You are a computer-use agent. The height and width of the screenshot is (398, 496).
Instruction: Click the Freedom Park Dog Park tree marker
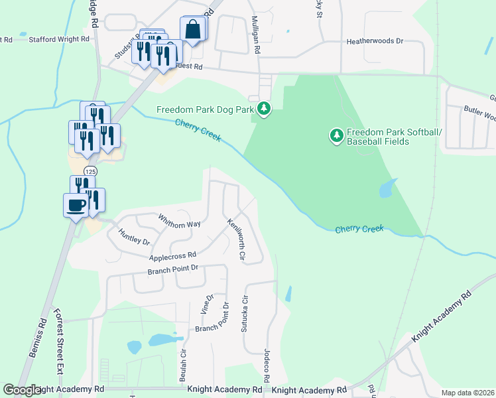[x=264, y=108]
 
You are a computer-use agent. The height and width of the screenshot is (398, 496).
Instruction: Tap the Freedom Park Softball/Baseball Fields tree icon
[x=337, y=136]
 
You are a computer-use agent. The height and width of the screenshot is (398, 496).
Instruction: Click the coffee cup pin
[x=75, y=204]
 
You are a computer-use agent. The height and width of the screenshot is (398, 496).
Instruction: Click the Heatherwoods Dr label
[x=375, y=41]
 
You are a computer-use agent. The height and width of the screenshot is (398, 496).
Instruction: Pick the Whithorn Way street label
[x=179, y=220]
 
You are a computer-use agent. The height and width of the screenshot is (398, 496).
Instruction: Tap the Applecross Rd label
[x=172, y=255]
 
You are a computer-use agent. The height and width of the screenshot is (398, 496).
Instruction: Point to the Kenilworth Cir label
[x=237, y=239]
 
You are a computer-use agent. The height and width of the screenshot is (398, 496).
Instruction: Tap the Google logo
[x=22, y=390]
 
